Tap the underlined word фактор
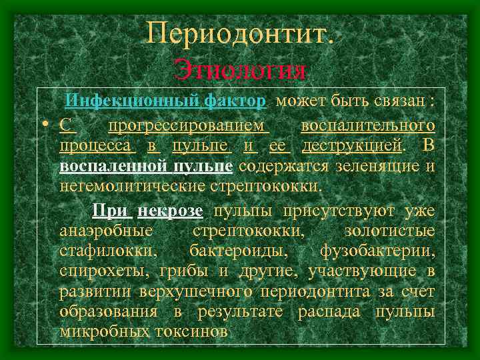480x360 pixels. [x=235, y=101]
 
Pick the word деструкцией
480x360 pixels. [x=352, y=145]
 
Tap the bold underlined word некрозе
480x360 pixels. [x=170, y=211]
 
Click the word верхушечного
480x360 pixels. [x=198, y=292]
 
